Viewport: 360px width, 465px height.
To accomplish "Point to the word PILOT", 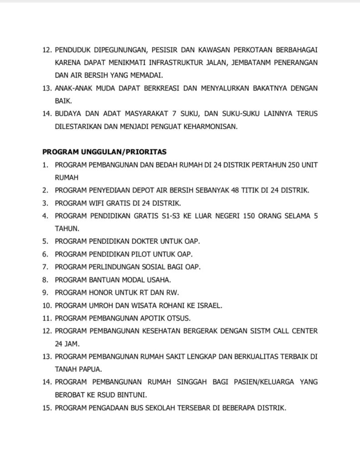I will pos(142,254).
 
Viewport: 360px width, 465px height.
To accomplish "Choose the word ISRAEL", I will pos(209,305).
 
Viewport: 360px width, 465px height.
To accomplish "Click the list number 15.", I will pos(46,407).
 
